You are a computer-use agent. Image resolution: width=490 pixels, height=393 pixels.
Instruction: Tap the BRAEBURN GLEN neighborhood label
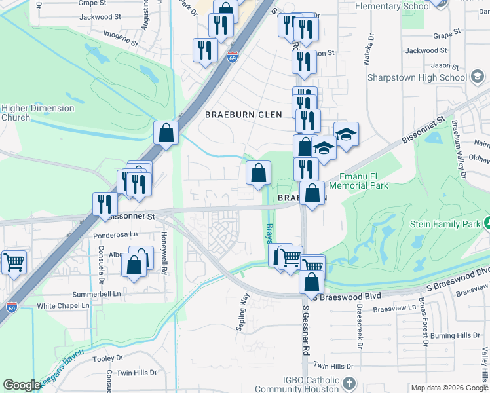[x=243, y=115]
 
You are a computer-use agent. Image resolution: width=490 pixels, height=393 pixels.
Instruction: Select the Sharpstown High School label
[x=417, y=77]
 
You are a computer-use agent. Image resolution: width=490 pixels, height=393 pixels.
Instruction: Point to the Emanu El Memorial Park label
[x=364, y=181]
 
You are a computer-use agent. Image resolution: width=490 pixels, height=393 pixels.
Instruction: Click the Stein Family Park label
[x=445, y=224]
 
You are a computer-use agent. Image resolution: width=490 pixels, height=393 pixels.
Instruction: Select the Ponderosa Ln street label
[x=117, y=233]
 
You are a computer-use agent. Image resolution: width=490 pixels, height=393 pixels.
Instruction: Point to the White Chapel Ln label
[x=63, y=306]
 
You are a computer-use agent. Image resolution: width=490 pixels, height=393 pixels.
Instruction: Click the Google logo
[x=22, y=385]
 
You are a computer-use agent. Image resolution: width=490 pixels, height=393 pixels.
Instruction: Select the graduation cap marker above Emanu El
[x=347, y=134]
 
